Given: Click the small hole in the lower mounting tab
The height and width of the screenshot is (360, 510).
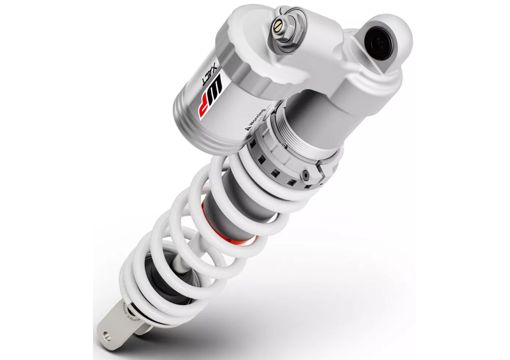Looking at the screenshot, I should pos(106,335).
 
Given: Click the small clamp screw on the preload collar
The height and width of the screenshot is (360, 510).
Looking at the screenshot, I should pos(305,176).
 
